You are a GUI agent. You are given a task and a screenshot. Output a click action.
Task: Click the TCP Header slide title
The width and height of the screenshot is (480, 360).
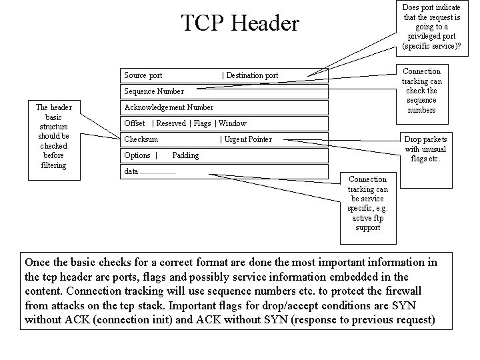(241, 24)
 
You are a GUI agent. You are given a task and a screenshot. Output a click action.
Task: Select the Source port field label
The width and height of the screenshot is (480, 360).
(143, 75)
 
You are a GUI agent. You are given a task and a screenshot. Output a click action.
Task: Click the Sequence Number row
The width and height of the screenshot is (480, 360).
(154, 91)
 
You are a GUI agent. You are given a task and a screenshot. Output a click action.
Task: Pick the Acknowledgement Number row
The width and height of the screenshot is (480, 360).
(169, 107)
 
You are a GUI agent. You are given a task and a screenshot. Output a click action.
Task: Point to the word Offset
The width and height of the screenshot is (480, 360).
(135, 123)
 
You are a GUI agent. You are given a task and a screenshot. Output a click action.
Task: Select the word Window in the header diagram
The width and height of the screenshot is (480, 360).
(233, 123)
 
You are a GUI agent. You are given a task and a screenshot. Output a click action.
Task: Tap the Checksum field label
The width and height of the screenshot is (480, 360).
(141, 139)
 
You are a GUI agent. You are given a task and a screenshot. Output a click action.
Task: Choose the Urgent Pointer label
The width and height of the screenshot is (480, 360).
(248, 139)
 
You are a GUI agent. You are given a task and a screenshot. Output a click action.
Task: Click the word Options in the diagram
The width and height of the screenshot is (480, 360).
(137, 155)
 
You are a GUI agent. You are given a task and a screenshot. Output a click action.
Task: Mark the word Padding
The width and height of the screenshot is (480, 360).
(185, 155)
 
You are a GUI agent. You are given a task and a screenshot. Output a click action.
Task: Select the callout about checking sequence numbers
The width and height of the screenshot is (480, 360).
(422, 90)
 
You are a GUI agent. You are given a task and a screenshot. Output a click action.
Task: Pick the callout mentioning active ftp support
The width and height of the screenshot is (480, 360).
(367, 203)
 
